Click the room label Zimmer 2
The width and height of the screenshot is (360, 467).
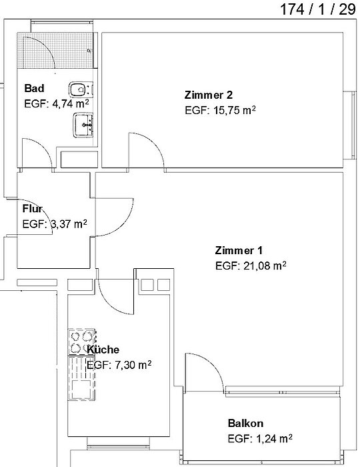209,95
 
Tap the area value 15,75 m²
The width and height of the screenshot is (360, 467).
235,110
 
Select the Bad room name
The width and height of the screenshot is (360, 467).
34,88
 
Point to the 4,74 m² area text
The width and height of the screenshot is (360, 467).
70,103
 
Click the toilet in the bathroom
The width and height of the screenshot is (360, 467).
80,89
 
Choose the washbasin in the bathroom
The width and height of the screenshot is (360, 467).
83,125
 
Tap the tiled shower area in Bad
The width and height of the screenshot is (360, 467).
55,50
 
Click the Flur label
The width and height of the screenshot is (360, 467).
33,208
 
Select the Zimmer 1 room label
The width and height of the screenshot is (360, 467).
239,250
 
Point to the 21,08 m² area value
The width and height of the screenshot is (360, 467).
265,266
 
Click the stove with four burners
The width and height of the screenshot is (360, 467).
81,342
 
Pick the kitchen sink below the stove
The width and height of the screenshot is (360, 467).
82,378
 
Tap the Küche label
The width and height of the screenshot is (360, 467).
103,350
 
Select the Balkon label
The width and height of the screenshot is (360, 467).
245,423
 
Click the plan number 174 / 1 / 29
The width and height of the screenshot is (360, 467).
318,9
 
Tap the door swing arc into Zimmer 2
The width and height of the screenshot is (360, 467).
154,143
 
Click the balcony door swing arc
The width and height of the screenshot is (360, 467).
213,364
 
